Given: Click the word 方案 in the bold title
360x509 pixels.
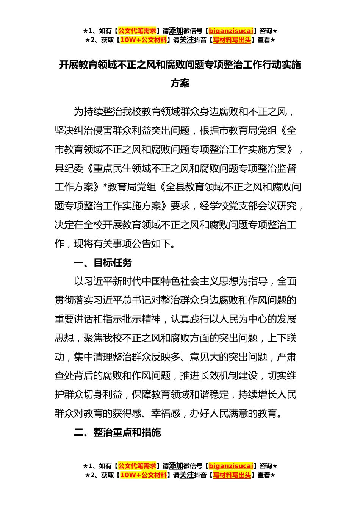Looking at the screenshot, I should pyautogui.click(x=180, y=83).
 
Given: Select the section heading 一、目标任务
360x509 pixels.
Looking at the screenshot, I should pyautogui.click(x=103, y=262).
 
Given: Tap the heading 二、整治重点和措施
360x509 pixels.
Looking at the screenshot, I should pyautogui.click(x=117, y=432).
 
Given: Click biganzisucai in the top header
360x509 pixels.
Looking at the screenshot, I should pyautogui.click(x=231, y=31).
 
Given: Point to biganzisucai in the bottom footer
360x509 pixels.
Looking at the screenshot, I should pyautogui.click(x=231, y=466).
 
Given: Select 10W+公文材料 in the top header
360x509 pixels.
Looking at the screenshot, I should pyautogui.click(x=143, y=40).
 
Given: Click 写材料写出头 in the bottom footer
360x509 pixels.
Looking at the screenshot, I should pyautogui.click(x=232, y=475).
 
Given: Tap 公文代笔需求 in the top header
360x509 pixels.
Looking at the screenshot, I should pyautogui.click(x=137, y=31).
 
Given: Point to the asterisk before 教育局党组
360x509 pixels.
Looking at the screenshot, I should pyautogui.click(x=106, y=186).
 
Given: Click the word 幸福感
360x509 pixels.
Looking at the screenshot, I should pyautogui.click(x=166, y=413).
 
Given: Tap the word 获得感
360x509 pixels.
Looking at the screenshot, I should pyautogui.click(x=127, y=413).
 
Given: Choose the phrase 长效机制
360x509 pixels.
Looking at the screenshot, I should pyautogui.click(x=219, y=376).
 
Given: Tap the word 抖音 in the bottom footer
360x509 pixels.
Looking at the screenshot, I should pyautogui.click(x=200, y=475).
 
